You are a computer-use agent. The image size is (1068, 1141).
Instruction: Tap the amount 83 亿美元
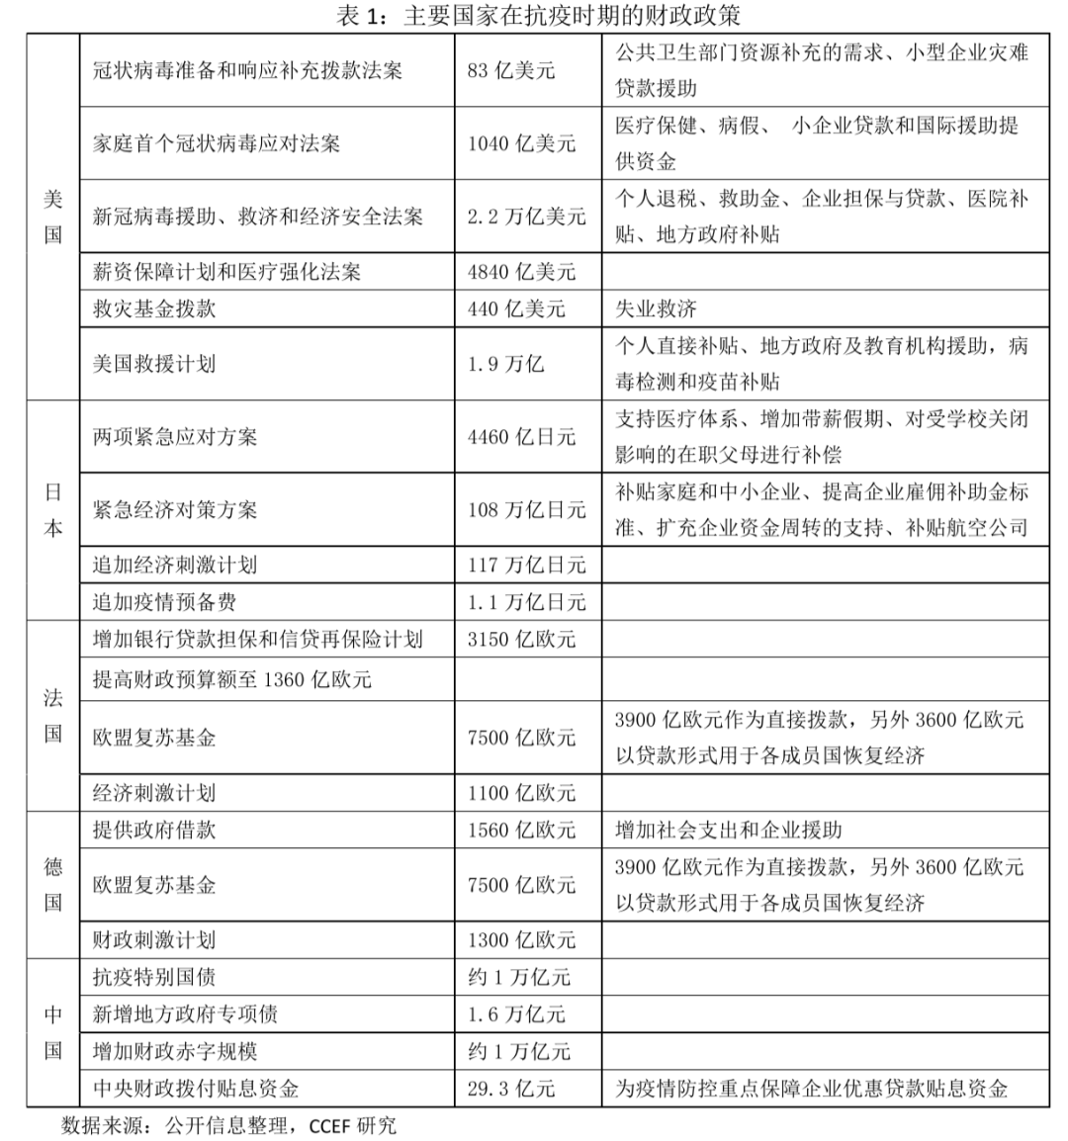point(511,70)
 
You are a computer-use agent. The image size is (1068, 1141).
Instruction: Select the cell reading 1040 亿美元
point(521,143)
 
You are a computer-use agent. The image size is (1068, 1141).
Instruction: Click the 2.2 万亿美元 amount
point(526,217)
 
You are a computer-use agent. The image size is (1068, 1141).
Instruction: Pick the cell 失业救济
point(656,309)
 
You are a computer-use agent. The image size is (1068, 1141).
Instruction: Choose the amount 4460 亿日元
point(521,437)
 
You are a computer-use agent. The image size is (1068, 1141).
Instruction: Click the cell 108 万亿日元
point(526,510)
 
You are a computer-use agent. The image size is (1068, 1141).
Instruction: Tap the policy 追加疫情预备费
point(164,602)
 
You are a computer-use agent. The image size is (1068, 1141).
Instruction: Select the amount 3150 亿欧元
point(521,640)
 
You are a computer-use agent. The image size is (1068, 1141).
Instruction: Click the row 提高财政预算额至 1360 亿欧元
point(232,679)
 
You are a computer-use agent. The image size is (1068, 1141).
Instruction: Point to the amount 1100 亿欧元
point(521,793)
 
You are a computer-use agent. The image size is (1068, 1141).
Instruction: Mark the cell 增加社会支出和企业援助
point(728,831)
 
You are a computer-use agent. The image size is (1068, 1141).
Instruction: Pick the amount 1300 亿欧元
point(521,940)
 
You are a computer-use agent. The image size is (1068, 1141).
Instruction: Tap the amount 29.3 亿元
point(511,1089)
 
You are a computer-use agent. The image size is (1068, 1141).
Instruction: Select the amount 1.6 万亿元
point(516,1014)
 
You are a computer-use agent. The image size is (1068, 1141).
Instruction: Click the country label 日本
point(53,510)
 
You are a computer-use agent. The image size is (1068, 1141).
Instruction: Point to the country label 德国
point(53,885)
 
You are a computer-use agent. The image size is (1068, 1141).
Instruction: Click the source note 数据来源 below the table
point(227,1125)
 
